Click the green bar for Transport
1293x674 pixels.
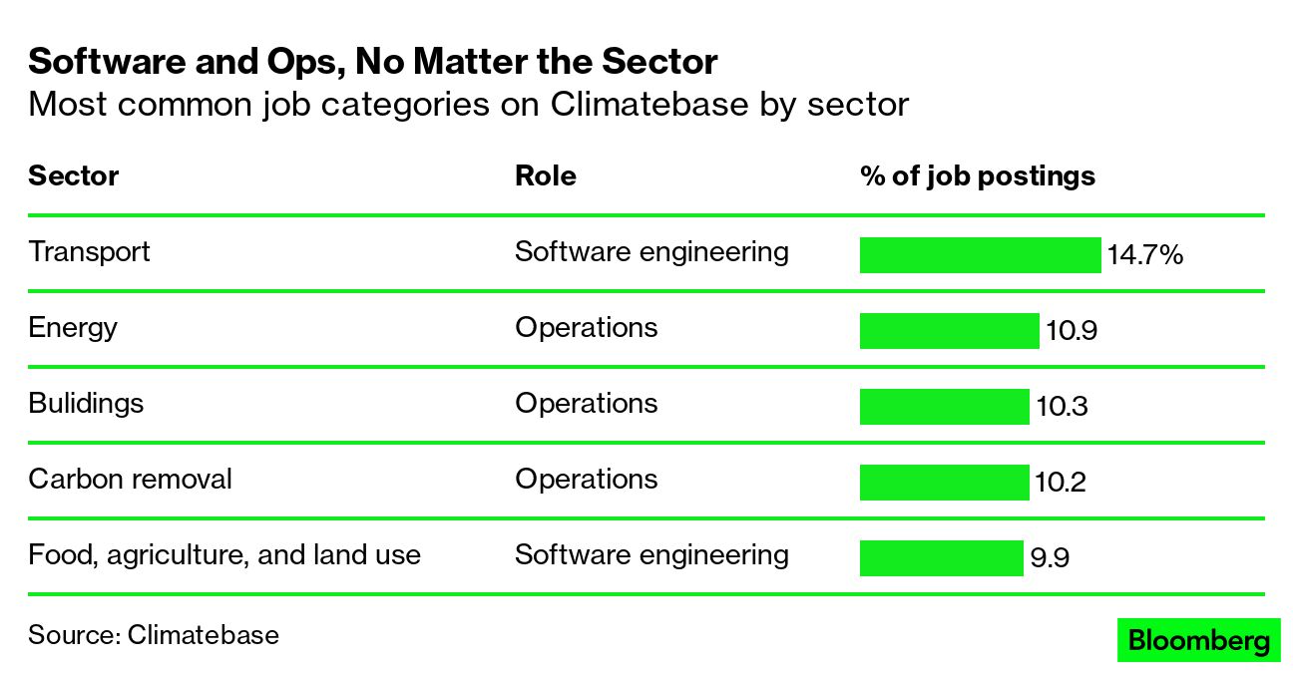pos(980,255)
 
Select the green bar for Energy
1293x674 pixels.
pos(949,331)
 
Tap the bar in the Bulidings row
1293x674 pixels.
pos(944,407)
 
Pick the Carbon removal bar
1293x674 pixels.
pos(944,483)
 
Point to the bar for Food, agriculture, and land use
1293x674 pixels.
pos(941,558)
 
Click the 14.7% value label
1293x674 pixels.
pos(1144,255)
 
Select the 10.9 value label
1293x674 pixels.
pos(1072,331)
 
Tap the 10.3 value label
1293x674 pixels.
pos(1062,407)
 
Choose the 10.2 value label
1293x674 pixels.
pos(1061,483)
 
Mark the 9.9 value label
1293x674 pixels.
pos(1050,558)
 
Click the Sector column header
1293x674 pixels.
pos(73,176)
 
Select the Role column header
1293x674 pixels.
pos(545,176)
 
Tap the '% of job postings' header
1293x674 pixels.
pos(977,176)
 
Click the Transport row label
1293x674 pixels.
pos(89,251)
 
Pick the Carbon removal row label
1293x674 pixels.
pos(130,479)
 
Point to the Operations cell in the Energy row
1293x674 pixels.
pos(586,327)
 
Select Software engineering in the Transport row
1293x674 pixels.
pos(651,251)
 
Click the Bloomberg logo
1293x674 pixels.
pos(1197,640)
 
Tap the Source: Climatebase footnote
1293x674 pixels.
pos(154,635)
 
